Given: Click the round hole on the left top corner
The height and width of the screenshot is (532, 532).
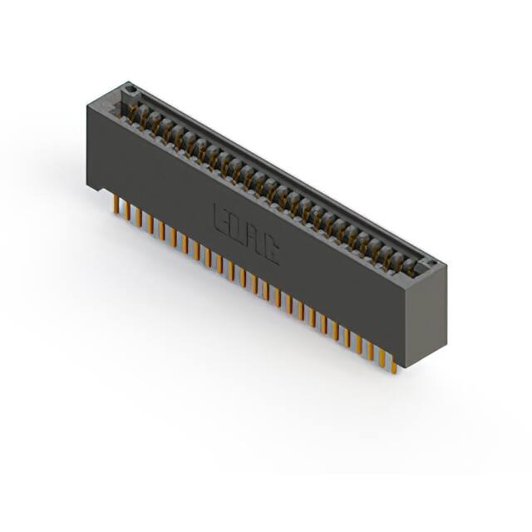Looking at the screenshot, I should tap(129, 87).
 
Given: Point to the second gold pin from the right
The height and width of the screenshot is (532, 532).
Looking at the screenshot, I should tap(383, 357).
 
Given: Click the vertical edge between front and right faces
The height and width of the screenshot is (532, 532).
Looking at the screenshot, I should tap(405, 324).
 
